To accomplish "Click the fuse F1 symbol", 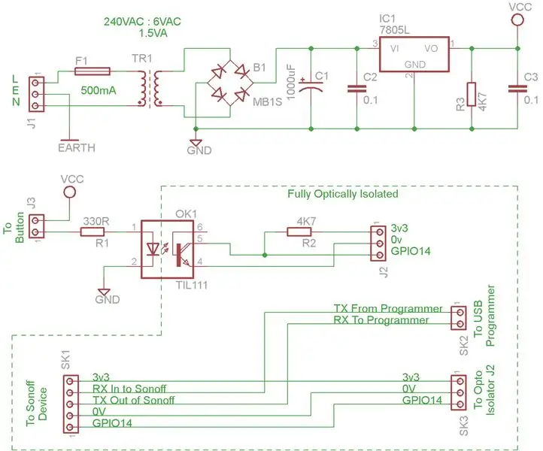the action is coord(93,71).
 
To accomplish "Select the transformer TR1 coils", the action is coord(150,88).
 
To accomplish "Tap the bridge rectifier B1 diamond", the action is coord(230,83).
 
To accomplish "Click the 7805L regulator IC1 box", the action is coord(414,54).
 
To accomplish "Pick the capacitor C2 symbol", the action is coord(356,89).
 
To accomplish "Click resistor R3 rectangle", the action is coord(472,94).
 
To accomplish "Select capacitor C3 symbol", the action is coord(517,89).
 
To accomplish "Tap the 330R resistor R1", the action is coord(93,232).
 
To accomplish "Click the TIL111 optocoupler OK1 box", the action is coord(167,250).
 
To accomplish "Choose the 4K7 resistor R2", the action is coord(299,232).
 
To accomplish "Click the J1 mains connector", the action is coord(36,94).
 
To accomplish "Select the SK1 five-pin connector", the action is coord(71,404).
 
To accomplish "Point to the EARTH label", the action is coord(77,148).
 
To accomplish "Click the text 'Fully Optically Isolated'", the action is coord(342,194).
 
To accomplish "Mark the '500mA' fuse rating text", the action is coord(99,91).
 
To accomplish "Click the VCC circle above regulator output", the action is coord(517,20).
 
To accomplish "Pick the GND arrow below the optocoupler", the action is coord(104,292).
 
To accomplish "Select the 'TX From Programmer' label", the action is coord(388,308).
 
